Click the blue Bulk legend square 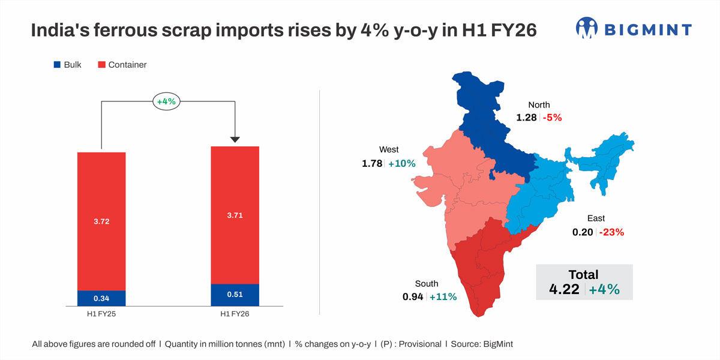coord(57,64)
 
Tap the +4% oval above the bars coord(166,101)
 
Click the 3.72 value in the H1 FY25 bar coord(101,221)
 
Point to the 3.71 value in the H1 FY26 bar coord(235,214)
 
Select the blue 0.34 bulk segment coord(101,298)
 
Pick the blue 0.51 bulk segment coord(235,295)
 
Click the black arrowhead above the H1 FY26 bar coord(235,139)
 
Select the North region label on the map coord(538,105)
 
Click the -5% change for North coord(552,118)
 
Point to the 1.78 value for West coord(372,163)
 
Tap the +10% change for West coord(401,163)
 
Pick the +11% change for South coord(443,296)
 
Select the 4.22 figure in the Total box coord(564,290)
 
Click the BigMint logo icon coord(587,28)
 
